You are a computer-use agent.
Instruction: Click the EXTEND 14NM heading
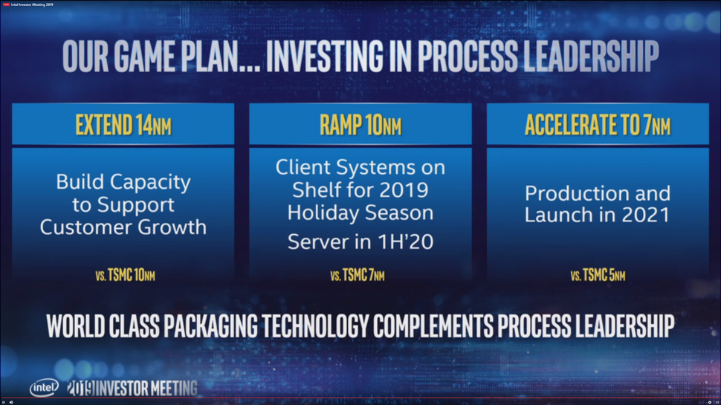pos(123,125)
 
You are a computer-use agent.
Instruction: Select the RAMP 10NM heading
pos(360,125)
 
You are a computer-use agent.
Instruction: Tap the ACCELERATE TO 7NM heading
pos(598,125)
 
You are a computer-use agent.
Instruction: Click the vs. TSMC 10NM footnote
pos(125,276)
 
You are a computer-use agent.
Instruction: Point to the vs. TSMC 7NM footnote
pos(358,276)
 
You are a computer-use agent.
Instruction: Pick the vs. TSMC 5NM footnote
pos(598,276)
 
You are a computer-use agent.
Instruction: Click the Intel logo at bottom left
pos(43,388)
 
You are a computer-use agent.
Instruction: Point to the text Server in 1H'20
pos(360,242)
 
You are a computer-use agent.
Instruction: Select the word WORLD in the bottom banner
pos(75,325)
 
